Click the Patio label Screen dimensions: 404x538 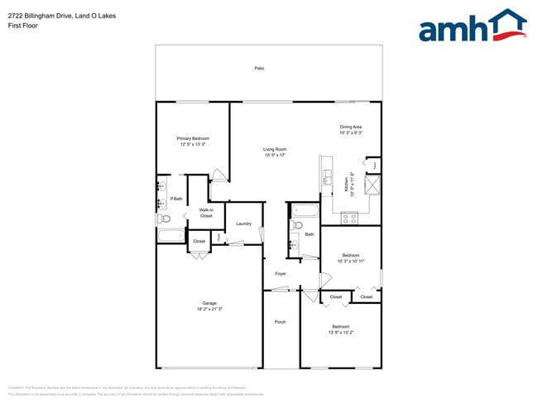click(259, 68)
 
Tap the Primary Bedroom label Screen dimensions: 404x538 click(192, 138)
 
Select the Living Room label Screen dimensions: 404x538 click(275, 149)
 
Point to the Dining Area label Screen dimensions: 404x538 click(351, 127)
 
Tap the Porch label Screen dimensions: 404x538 click(280, 321)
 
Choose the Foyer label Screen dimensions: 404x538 click(281, 273)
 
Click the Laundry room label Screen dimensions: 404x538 click(243, 224)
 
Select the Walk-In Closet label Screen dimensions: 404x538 click(206, 213)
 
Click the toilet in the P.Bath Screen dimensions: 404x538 click(164, 219)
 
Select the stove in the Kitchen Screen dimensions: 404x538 click(349, 219)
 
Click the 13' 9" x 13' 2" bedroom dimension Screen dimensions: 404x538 click(340, 332)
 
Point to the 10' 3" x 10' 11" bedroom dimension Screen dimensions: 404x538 click(351, 261)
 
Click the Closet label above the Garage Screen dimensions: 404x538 click(199, 242)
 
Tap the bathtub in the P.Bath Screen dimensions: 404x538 click(171, 235)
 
